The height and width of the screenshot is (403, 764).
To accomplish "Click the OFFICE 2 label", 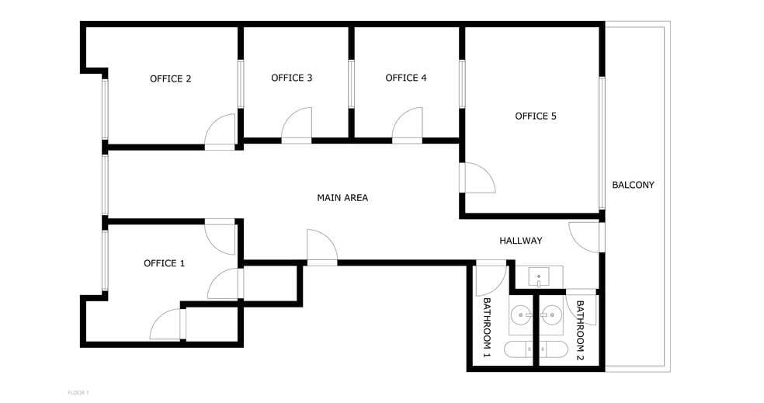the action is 171,79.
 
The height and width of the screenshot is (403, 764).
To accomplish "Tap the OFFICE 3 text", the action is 291,78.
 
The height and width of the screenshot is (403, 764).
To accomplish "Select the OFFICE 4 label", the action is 406,78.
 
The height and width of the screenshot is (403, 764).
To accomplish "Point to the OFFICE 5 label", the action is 536,116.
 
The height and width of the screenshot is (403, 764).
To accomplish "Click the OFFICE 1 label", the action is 164,264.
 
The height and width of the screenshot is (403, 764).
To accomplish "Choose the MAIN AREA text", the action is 342,198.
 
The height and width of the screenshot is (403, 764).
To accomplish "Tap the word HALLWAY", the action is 521,241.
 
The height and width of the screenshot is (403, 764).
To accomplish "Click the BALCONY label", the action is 633,185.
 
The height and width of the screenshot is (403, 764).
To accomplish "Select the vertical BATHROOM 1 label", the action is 487,328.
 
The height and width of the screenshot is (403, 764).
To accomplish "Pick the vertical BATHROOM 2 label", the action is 580,330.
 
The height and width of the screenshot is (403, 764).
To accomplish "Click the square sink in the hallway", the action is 539,277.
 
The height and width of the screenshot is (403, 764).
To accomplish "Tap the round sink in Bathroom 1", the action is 521,315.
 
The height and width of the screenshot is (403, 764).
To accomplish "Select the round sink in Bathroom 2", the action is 551,315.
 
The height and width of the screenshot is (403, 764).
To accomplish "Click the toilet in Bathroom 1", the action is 518,349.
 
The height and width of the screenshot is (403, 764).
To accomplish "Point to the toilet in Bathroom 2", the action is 554,349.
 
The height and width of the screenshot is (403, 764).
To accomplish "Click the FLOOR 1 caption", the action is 78,393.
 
